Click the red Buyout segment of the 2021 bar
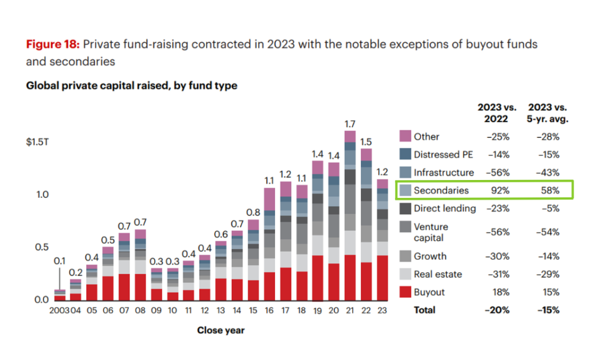(349, 278)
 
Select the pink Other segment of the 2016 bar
(269, 199)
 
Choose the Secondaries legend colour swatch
(405, 190)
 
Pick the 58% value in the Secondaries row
(551, 190)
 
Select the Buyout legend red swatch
(405, 292)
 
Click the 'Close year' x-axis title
(221, 330)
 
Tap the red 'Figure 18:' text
(53, 45)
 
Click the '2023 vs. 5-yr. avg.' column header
(547, 112)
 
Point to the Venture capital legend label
(431, 232)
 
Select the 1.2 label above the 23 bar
(382, 172)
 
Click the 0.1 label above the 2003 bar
(60, 262)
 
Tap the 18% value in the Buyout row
(501, 292)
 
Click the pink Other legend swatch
(405, 137)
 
